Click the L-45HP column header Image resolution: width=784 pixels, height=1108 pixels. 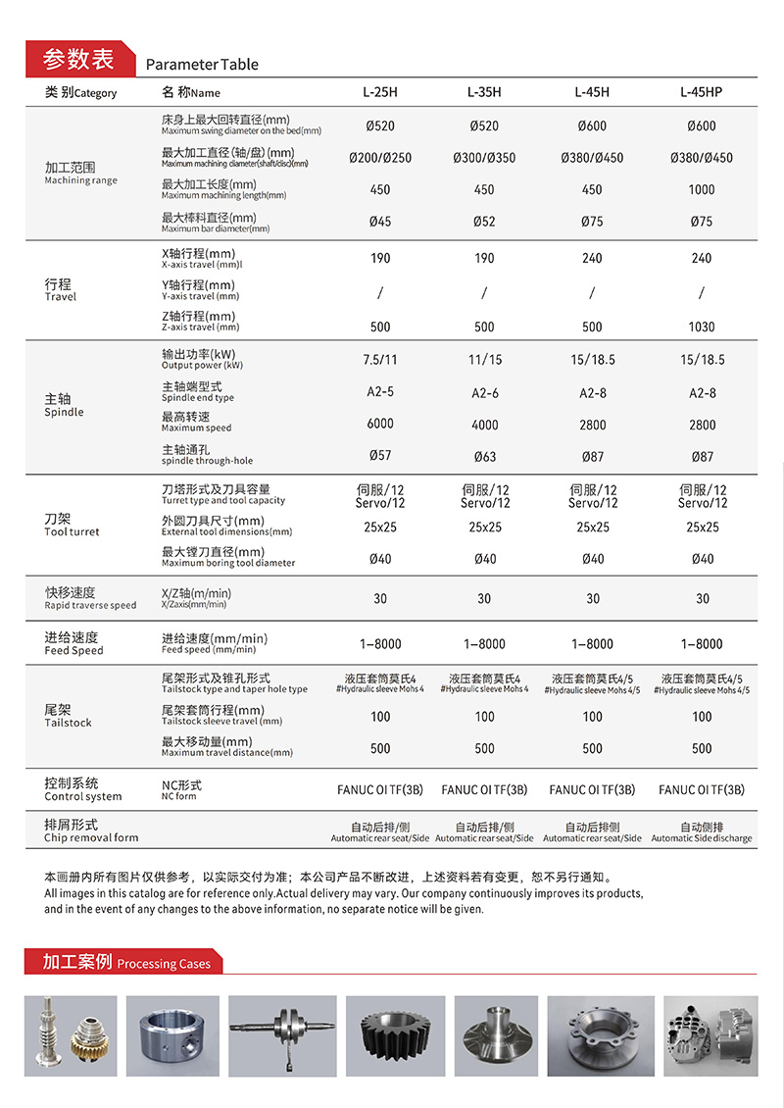coord(701,92)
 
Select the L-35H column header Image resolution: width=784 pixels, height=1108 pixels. coord(485,92)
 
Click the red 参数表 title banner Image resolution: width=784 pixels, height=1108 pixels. coord(77,59)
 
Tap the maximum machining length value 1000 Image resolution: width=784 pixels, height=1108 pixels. coord(702,190)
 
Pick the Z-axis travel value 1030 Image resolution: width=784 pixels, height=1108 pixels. coord(702,327)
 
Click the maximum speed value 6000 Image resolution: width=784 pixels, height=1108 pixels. coord(380,424)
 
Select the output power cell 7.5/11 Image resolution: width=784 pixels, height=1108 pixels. coord(380,360)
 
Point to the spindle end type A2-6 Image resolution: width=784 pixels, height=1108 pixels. coord(485,393)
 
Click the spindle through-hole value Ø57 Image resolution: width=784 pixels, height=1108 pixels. coord(380,457)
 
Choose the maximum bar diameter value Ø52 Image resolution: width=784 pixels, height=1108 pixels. coord(485,222)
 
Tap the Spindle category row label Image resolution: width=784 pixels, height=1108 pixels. coord(65,406)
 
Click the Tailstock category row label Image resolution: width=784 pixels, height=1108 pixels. coord(68,716)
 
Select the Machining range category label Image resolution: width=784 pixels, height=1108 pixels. coord(80,174)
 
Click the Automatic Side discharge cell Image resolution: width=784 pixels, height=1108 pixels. coord(702,832)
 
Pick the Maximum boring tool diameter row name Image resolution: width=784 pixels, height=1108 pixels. coord(227,557)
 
